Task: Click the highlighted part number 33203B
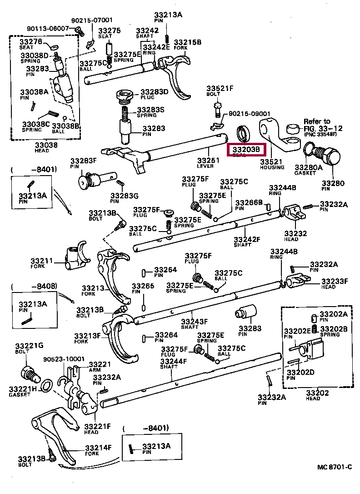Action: point(246,149)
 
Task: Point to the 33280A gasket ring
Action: point(309,148)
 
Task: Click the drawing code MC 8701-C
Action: point(335,467)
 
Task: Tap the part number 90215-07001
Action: point(93,20)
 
